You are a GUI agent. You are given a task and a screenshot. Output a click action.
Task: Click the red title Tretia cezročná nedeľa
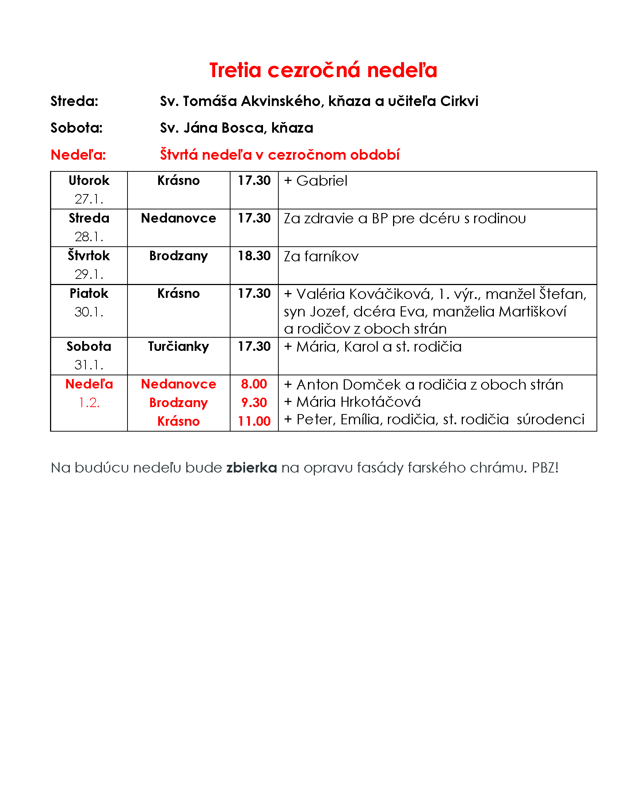click(323, 70)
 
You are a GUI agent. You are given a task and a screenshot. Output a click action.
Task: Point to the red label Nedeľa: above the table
click(79, 155)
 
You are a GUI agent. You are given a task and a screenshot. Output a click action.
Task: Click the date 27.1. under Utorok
click(89, 199)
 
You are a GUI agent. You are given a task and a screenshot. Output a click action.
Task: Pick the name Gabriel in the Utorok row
click(321, 181)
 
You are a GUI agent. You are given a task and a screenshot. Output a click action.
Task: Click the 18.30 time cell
click(254, 256)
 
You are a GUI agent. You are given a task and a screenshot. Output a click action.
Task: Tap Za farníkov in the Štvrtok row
click(321, 257)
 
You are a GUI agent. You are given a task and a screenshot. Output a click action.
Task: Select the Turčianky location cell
click(178, 346)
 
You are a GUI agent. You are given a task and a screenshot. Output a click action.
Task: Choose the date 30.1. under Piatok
click(89, 312)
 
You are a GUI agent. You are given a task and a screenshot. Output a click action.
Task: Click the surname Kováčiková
click(392, 294)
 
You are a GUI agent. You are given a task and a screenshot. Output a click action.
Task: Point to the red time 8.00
click(254, 384)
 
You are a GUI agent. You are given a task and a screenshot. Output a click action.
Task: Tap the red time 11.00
click(254, 421)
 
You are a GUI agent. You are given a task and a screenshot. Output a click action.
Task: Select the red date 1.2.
click(89, 403)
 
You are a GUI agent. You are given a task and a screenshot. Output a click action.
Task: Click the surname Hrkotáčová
click(380, 402)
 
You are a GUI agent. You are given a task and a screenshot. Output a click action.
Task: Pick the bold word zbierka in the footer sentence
click(251, 467)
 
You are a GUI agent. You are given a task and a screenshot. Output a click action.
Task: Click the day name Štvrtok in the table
click(89, 256)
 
